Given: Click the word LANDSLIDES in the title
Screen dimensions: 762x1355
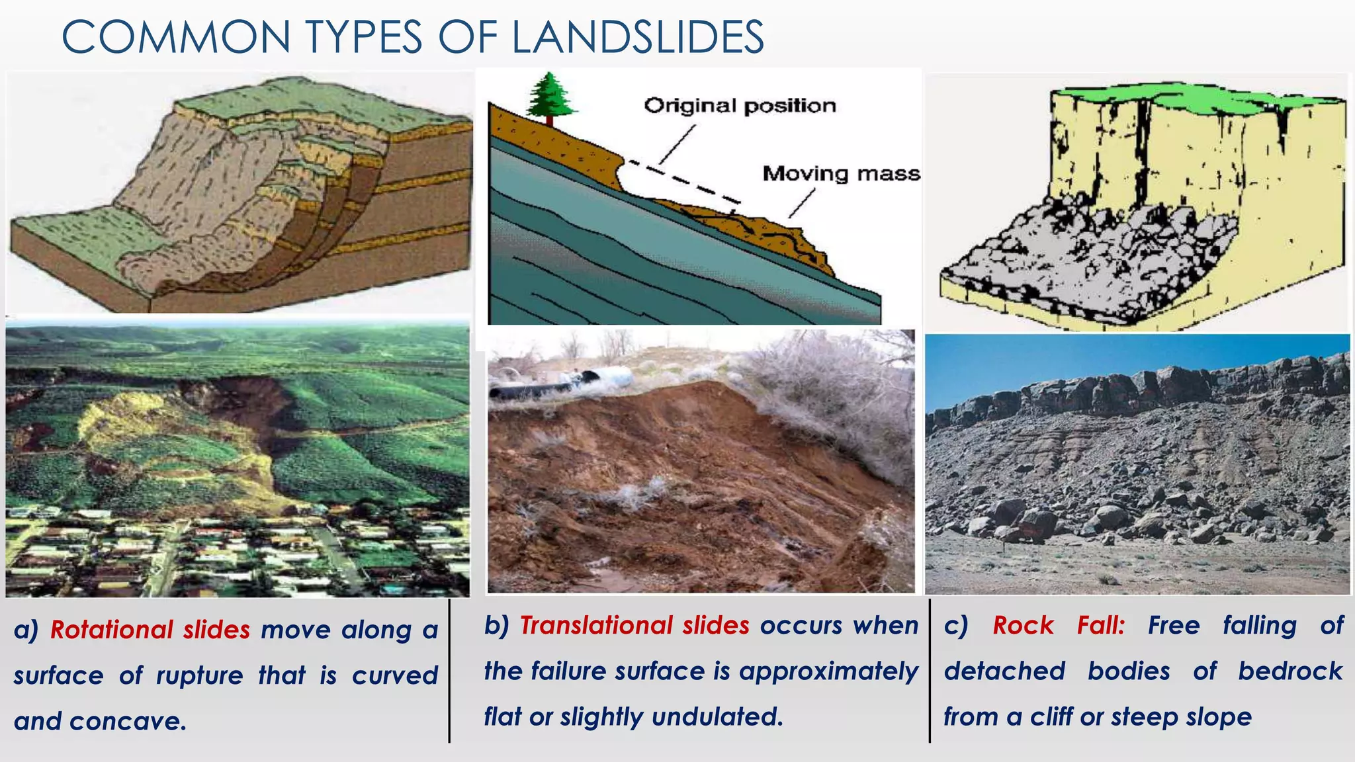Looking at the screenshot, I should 638,37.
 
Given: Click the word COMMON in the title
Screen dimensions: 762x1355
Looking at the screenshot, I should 176,37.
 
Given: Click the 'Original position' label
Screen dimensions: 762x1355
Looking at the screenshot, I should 740,106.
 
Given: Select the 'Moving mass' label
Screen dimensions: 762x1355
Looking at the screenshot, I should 841,174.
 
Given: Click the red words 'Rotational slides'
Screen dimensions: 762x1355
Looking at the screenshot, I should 150,630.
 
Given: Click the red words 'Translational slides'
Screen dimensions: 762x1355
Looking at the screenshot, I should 634,625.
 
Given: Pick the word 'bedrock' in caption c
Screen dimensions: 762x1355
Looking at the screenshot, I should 1290,671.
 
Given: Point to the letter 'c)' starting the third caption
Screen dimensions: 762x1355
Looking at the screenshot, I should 956,625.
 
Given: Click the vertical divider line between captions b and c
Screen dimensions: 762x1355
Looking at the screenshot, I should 930,671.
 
